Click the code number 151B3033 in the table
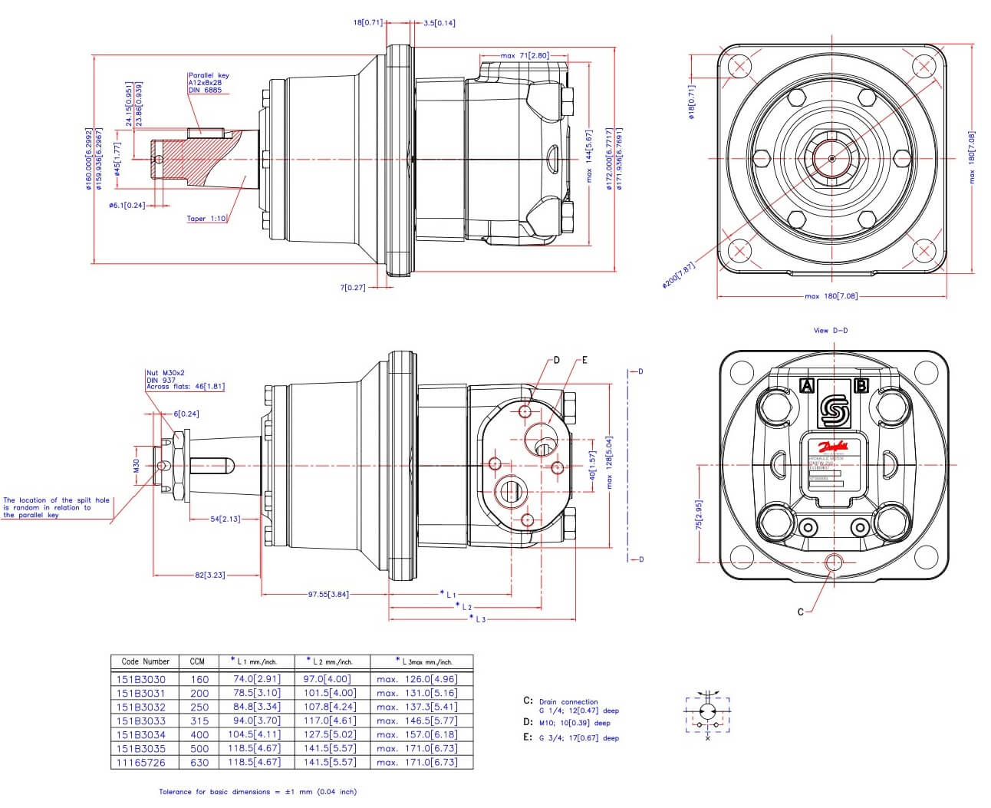[x=140, y=721]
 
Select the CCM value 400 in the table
[x=199, y=734]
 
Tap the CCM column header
[x=197, y=661]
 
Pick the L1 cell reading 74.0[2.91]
[x=257, y=679]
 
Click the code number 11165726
[x=140, y=762]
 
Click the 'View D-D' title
[x=830, y=331]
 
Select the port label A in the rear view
[x=806, y=385]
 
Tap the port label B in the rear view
[x=861, y=385]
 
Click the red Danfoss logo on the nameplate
[x=833, y=447]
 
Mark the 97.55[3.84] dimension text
[x=328, y=594]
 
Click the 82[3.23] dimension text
[x=209, y=575]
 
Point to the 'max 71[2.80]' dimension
[x=525, y=56]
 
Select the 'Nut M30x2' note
[x=166, y=373]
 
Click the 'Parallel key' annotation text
[x=209, y=76]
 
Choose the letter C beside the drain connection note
[x=528, y=701]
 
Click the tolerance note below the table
[x=258, y=791]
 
